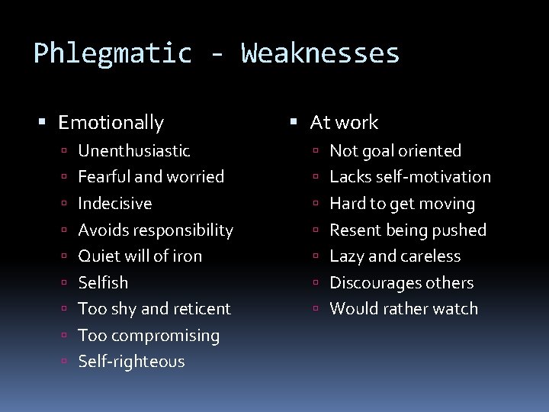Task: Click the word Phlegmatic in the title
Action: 113,53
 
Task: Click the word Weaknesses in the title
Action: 320,53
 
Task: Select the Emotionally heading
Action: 111,122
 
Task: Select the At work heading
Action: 344,122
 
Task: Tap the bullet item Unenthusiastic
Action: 134,151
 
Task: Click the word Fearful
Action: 104,177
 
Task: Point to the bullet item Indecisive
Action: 115,204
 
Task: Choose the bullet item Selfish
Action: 103,283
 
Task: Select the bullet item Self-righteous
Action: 131,362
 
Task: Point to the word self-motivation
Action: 443,177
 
